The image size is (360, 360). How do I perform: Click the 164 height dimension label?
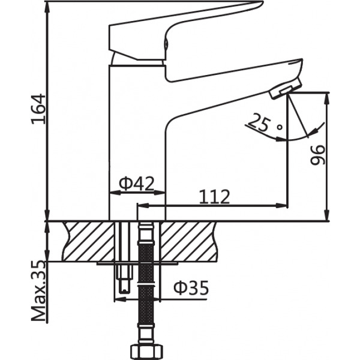(x=38, y=109)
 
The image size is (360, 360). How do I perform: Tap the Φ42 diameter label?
(x=136, y=183)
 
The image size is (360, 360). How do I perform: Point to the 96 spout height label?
(x=317, y=155)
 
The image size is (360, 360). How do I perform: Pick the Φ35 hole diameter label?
(x=190, y=289)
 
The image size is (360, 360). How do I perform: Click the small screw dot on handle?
(x=166, y=43)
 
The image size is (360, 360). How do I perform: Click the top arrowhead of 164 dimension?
(x=46, y=7)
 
